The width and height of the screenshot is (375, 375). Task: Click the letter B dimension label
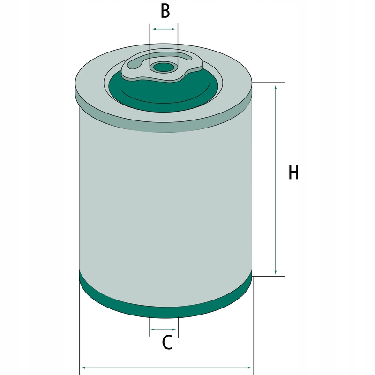pyautogui.click(x=165, y=11)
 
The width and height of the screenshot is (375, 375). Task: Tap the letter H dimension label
pyautogui.click(x=294, y=172)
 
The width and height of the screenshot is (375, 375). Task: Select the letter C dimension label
pyautogui.click(x=167, y=342)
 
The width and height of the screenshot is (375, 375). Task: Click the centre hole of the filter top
pyautogui.click(x=163, y=67)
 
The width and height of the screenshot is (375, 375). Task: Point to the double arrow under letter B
pyautogui.click(x=164, y=29)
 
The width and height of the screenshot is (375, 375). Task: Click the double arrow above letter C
pyautogui.click(x=164, y=330)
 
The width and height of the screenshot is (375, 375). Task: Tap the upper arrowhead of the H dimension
pyautogui.click(x=276, y=88)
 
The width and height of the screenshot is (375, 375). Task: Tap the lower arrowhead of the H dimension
pyautogui.click(x=276, y=271)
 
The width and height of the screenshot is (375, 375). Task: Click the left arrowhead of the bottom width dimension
pyautogui.click(x=84, y=367)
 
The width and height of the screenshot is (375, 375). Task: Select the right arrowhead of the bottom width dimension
pyautogui.click(x=248, y=367)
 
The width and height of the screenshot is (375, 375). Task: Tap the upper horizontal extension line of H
pyautogui.click(x=269, y=83)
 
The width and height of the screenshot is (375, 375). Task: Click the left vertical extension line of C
pyautogui.click(x=149, y=326)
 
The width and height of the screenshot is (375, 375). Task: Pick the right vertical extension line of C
pyautogui.click(x=179, y=327)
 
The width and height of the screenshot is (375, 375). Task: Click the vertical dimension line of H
pyautogui.click(x=276, y=180)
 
